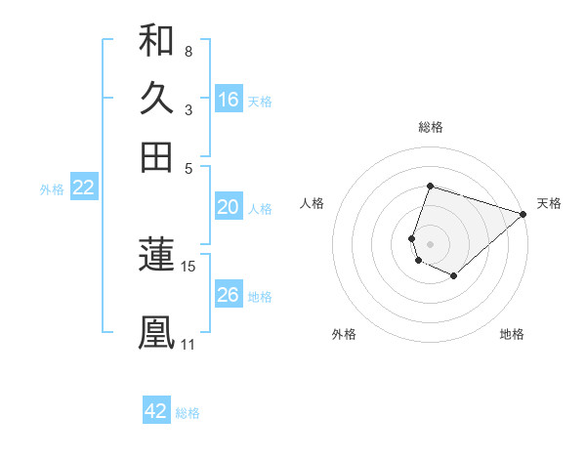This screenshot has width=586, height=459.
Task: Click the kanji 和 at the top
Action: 156,41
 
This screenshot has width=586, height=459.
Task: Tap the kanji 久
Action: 156,100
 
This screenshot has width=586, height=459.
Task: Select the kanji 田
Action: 156,157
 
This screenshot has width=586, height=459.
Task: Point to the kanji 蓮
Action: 156,254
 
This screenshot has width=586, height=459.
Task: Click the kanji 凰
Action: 156,330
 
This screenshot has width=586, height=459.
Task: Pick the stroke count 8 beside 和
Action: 188,51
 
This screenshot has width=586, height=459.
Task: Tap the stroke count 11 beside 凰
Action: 188,344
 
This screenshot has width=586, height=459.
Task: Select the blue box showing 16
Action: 229,100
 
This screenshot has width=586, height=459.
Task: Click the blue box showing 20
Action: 229,207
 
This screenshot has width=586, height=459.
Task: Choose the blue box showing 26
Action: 229,295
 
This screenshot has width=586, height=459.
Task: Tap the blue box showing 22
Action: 83,188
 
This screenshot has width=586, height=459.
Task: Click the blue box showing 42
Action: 156,411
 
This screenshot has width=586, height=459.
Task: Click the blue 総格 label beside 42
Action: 188,413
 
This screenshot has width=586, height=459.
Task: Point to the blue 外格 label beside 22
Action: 52,189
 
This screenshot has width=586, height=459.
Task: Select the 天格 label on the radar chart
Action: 549,203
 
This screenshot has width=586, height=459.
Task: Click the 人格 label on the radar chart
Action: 313,203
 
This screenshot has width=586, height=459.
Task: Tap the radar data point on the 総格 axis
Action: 430,187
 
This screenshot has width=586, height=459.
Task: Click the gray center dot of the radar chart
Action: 430,243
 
